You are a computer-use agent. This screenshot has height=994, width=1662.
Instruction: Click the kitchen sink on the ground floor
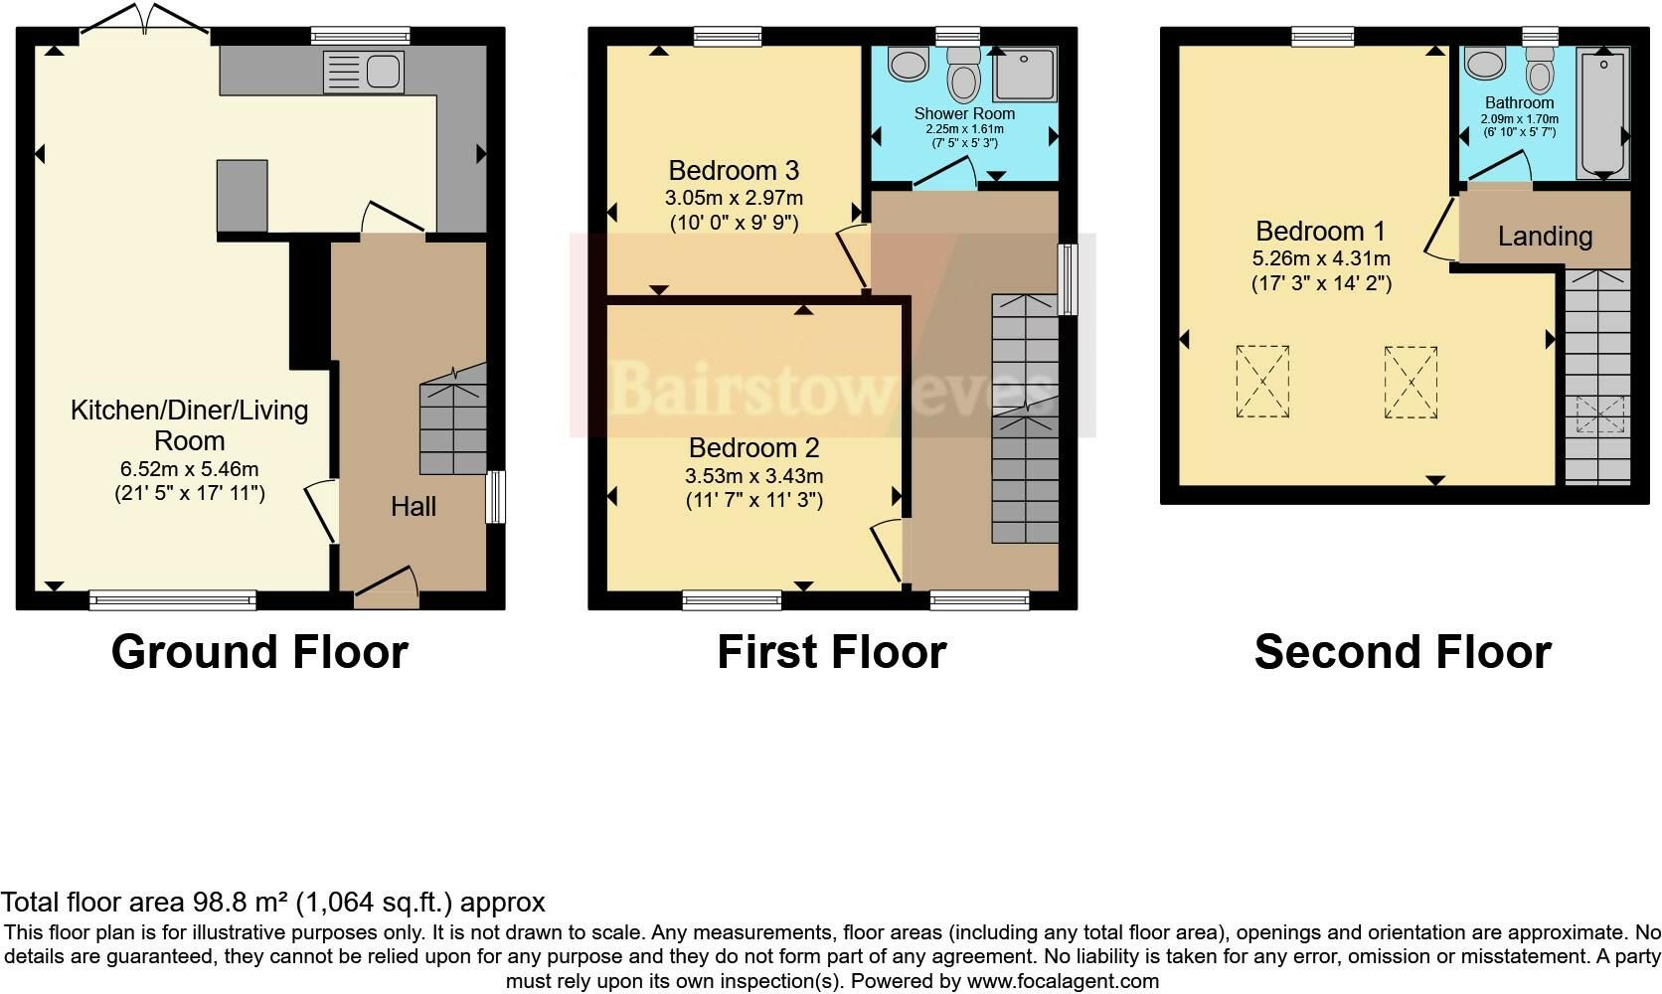click(364, 72)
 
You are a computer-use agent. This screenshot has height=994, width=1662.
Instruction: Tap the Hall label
click(414, 507)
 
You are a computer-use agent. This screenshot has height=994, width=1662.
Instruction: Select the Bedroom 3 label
click(734, 171)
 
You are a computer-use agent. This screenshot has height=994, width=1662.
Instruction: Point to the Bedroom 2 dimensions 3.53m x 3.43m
click(753, 475)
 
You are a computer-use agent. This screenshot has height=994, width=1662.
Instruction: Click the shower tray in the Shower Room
click(1025, 75)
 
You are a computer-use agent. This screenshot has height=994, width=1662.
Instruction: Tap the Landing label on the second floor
click(1545, 237)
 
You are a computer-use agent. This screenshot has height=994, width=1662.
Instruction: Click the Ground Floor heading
click(259, 652)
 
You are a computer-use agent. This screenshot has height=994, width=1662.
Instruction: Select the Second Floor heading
click(1403, 652)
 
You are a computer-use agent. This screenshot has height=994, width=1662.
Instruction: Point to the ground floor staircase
click(452, 419)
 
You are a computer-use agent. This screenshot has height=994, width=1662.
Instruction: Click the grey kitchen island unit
click(242, 196)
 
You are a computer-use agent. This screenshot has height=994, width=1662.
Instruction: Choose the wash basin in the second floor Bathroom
click(1485, 63)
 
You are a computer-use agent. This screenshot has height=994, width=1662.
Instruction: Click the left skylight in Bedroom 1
click(1262, 382)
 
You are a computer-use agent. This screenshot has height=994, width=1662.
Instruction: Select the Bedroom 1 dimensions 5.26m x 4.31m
click(1321, 258)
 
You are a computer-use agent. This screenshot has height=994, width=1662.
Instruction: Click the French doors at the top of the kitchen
click(145, 19)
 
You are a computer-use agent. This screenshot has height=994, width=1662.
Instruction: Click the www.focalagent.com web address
click(1063, 981)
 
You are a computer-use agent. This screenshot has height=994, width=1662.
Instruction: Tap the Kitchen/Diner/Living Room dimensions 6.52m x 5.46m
click(189, 469)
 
